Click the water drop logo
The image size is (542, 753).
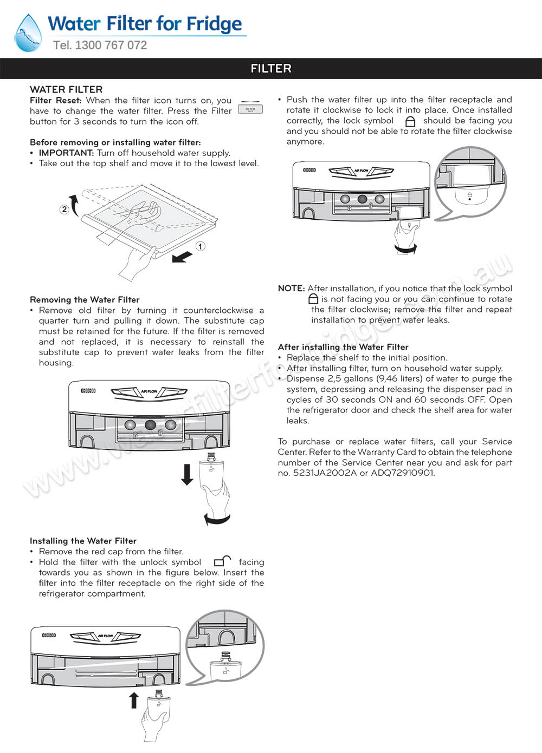tap(28, 32)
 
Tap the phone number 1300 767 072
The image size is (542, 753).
tap(111, 45)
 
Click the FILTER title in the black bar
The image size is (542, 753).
tap(271, 69)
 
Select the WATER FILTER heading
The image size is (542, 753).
tap(66, 90)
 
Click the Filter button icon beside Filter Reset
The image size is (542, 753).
tap(250, 109)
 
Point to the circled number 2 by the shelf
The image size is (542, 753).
tap(64, 209)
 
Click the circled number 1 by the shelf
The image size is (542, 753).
tap(200, 246)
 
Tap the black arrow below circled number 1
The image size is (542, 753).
tap(182, 257)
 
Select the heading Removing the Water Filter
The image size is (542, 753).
tap(85, 300)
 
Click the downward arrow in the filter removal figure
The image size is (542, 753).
tap(187, 474)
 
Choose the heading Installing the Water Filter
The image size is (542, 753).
tap(83, 541)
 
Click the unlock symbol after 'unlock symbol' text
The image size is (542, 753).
tap(222, 561)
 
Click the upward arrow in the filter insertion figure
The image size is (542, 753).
tap(134, 699)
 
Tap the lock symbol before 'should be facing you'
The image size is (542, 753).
tap(410, 121)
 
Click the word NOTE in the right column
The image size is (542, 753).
tap(291, 289)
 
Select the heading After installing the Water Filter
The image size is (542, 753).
tap(343, 347)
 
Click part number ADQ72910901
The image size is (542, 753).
tap(403, 473)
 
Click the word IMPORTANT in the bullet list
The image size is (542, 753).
tap(66, 153)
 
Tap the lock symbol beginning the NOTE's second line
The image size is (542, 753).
tap(313, 299)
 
